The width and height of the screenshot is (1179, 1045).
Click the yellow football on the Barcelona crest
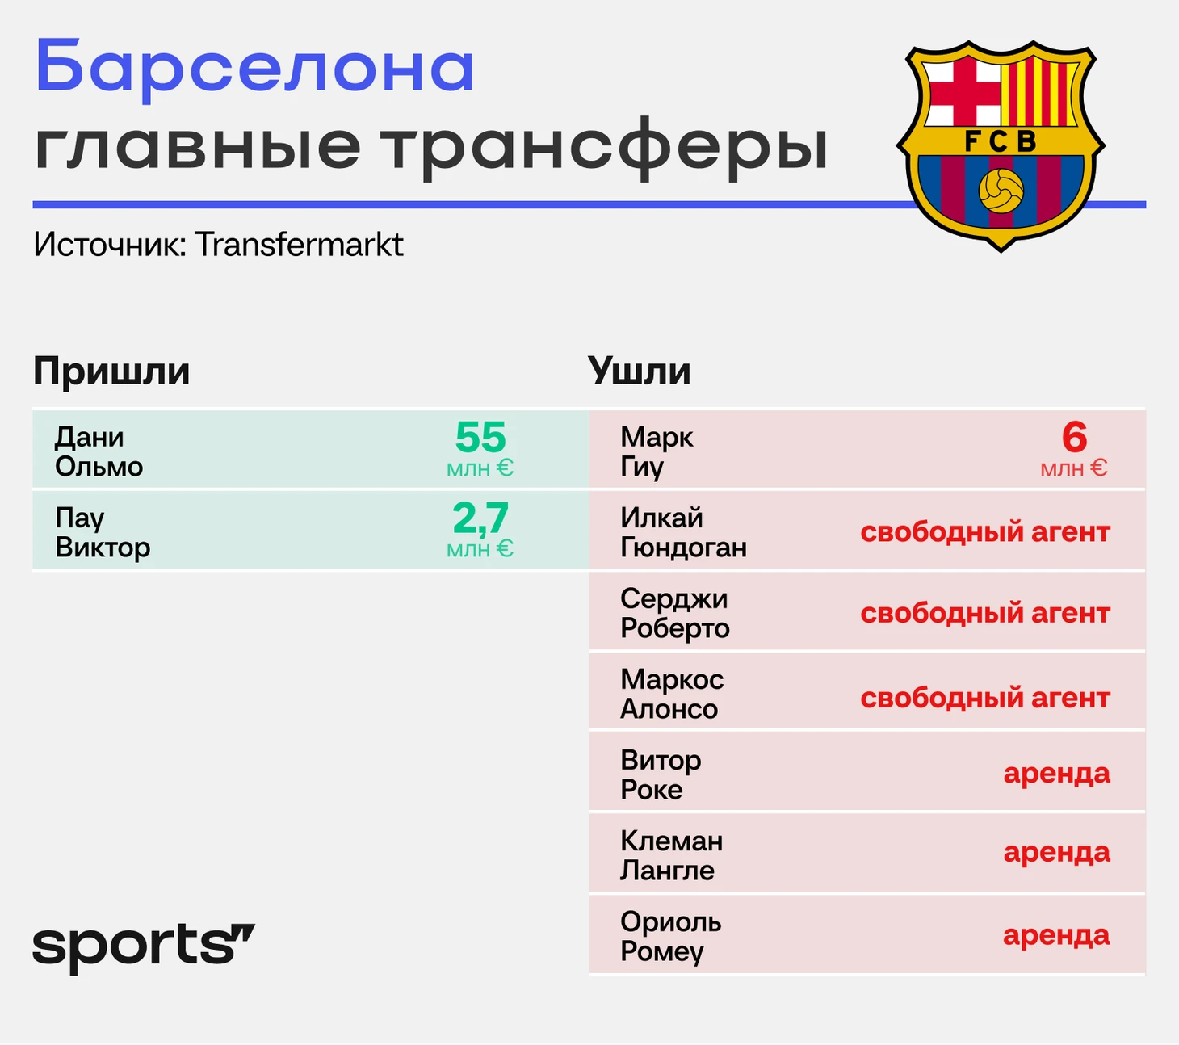coord(1001,191)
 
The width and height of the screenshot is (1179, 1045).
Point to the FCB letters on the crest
coord(1001,141)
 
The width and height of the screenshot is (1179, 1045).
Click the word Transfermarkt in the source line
coord(299,245)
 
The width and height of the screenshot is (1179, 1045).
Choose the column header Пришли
coord(111,371)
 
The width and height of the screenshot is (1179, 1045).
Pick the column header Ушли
coord(639,371)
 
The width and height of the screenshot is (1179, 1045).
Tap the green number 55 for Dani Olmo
coord(480,437)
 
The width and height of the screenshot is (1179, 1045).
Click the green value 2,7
coord(480,518)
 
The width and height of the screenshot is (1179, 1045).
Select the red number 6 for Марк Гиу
coord(1074,437)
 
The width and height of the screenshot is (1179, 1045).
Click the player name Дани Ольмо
coord(99,451)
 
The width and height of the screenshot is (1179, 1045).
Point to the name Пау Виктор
coord(103,532)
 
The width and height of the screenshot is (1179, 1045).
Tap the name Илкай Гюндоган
coord(683,532)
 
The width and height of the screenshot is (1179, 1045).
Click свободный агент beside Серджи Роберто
coord(985,613)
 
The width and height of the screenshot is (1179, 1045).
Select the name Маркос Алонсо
coord(672,694)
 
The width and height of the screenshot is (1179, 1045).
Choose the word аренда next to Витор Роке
coord(1057,774)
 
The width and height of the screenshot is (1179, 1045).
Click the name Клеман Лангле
coord(671,856)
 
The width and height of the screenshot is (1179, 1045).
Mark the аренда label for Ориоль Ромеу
coord(1057,935)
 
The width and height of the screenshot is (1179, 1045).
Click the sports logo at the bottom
coord(144,948)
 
